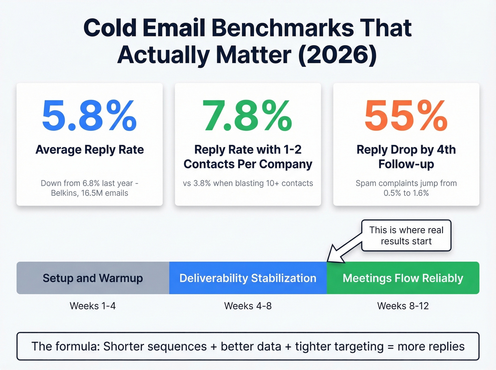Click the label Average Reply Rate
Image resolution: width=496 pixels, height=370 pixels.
point(90,150)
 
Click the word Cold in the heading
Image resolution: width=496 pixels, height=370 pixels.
point(110,28)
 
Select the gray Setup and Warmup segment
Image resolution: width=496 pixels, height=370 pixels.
point(93,278)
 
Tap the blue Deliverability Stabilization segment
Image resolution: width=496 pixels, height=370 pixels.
point(248,278)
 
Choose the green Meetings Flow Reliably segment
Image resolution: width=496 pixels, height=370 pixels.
point(403,278)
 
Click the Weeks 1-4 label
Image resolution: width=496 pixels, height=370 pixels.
point(93,306)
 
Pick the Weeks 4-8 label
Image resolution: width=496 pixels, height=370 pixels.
point(248,306)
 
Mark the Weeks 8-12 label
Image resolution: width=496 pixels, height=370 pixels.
point(403,306)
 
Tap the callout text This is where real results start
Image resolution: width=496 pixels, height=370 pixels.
point(406,235)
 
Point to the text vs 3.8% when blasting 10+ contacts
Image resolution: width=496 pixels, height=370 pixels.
point(248,183)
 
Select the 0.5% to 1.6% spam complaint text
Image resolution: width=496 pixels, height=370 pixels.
point(406,193)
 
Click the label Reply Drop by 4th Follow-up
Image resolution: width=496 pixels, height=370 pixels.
point(406,157)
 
